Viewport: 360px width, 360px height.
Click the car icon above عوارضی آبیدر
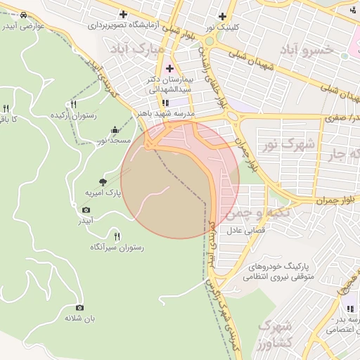(x=24, y=15)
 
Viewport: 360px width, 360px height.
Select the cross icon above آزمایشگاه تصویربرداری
(x=124, y=14)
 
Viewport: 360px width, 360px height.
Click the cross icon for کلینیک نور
(x=223, y=15)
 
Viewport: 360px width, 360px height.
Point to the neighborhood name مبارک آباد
(x=138, y=50)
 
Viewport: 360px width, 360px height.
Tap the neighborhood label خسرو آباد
(x=306, y=51)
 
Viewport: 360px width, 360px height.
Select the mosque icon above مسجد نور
(x=115, y=130)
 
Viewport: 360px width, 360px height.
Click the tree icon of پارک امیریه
(x=103, y=181)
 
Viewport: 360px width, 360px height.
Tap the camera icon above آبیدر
(x=86, y=210)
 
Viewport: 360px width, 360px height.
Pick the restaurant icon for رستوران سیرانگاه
(x=117, y=236)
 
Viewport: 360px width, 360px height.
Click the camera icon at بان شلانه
(x=79, y=307)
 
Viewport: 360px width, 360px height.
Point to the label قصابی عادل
(x=243, y=231)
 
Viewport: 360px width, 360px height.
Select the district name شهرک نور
(x=288, y=145)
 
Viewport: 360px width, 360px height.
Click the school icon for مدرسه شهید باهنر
(x=165, y=103)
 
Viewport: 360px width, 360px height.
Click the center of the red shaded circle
(x=180, y=180)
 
